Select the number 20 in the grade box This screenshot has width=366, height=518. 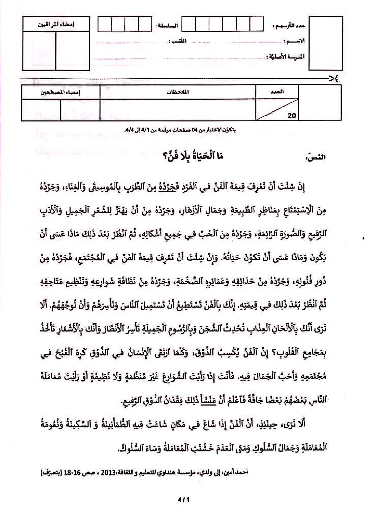click(x=292, y=116)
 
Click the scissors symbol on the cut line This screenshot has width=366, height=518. click(x=334, y=79)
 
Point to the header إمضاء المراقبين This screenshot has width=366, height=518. click(x=56, y=25)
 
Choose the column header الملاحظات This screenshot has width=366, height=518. click(x=177, y=92)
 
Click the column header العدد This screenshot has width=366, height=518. click(x=277, y=92)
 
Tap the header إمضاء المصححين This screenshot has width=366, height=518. click(x=61, y=92)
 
